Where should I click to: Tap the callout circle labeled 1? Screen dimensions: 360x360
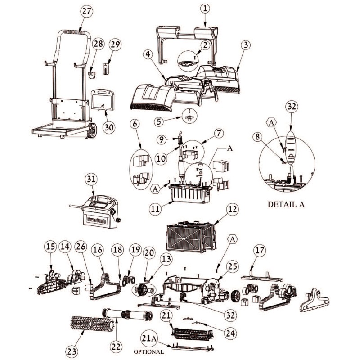click(205, 9)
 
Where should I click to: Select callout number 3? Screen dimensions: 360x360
click(245, 45)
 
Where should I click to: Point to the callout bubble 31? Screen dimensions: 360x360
click(92, 179)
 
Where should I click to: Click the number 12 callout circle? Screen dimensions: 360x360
click(233, 210)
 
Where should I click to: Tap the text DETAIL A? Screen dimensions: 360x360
click(286, 204)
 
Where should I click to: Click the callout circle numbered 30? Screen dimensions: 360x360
click(109, 127)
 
